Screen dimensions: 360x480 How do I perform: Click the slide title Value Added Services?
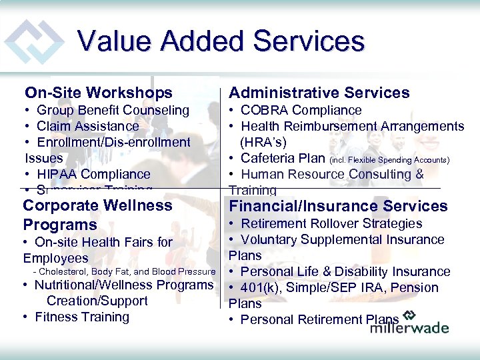pyautogui.click(x=221, y=41)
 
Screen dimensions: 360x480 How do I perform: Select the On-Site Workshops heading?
pyautogui.click(x=98, y=93)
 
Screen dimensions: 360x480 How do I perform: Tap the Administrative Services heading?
pyautogui.click(x=319, y=93)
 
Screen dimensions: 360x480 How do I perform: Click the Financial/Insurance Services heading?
pyautogui.click(x=329, y=206)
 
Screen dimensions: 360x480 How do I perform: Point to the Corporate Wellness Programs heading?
pyautogui.click(x=97, y=215)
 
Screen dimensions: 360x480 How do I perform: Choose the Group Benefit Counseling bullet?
pyautogui.click(x=113, y=110)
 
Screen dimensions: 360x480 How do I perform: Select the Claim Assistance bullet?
pyautogui.click(x=87, y=126)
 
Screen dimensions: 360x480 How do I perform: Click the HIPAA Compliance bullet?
pyautogui.click(x=93, y=174)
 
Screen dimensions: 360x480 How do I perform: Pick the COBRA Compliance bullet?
pyautogui.click(x=301, y=110)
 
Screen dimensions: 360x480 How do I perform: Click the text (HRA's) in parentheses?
pyautogui.click(x=264, y=142)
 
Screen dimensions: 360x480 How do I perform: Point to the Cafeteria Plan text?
pyautogui.click(x=283, y=158)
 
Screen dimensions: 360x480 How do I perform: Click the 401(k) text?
pyautogui.click(x=263, y=287)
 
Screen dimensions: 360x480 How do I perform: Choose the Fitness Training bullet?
pyautogui.click(x=81, y=317)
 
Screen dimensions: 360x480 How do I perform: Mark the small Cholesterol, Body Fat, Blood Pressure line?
pyautogui.click(x=124, y=271)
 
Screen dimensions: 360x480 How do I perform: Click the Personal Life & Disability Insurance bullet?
pyautogui.click(x=345, y=271)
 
